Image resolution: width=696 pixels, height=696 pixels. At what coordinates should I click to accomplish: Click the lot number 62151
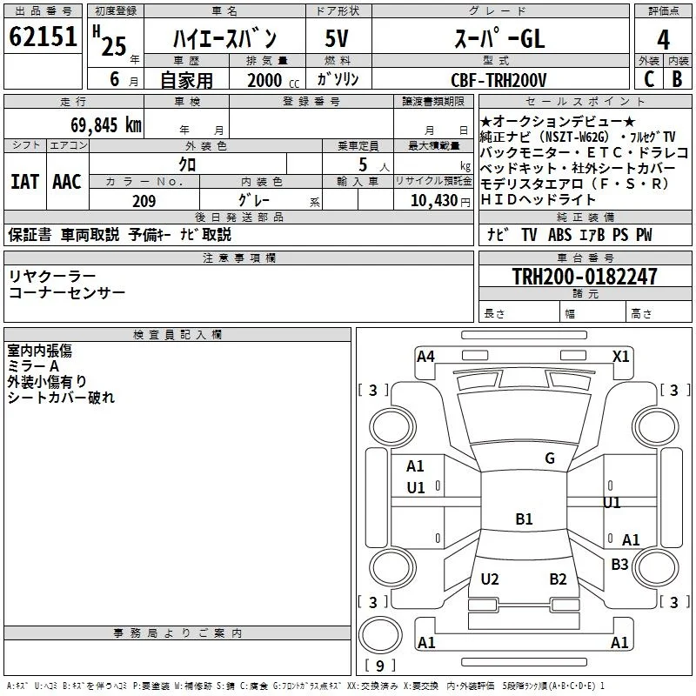43,37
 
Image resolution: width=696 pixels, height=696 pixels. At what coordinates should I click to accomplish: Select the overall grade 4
663,39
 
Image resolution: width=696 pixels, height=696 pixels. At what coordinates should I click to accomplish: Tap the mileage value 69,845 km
106,125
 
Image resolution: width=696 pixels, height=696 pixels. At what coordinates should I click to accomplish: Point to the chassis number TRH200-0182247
585,276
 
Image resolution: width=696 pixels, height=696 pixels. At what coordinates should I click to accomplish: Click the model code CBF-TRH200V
499,80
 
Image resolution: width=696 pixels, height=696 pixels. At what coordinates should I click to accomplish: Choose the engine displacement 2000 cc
273,80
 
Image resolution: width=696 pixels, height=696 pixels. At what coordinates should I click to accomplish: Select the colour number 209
144,201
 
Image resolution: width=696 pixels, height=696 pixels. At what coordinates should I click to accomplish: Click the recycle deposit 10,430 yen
440,201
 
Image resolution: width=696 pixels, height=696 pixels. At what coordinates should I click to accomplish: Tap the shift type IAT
25,182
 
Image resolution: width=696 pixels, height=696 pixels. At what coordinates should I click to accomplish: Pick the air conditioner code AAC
67,182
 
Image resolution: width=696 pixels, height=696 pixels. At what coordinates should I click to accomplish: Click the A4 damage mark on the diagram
425,357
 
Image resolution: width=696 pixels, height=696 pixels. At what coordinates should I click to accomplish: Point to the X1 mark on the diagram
620,357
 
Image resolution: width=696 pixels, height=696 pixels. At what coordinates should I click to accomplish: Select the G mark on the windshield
550,458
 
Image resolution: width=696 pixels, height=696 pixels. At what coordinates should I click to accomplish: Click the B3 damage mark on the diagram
619,564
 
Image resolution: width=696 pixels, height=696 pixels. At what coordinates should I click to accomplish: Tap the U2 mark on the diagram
490,579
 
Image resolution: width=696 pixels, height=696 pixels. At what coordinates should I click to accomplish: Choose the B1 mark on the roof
524,519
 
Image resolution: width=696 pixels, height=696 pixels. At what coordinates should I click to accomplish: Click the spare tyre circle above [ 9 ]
380,635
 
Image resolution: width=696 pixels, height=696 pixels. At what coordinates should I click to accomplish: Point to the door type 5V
337,38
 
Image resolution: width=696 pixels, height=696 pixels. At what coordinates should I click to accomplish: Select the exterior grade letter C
649,79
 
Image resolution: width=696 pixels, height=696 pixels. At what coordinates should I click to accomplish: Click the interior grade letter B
677,79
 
